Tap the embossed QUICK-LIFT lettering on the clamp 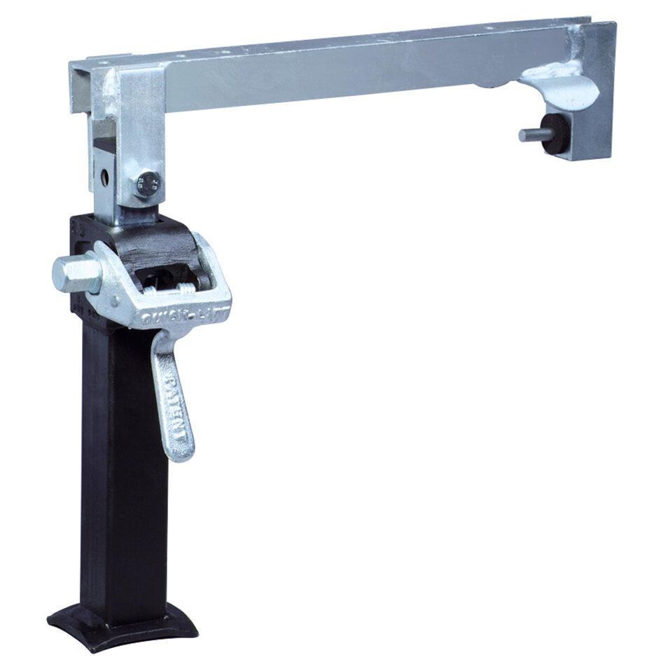(184, 319)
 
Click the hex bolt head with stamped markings (148, 184)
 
